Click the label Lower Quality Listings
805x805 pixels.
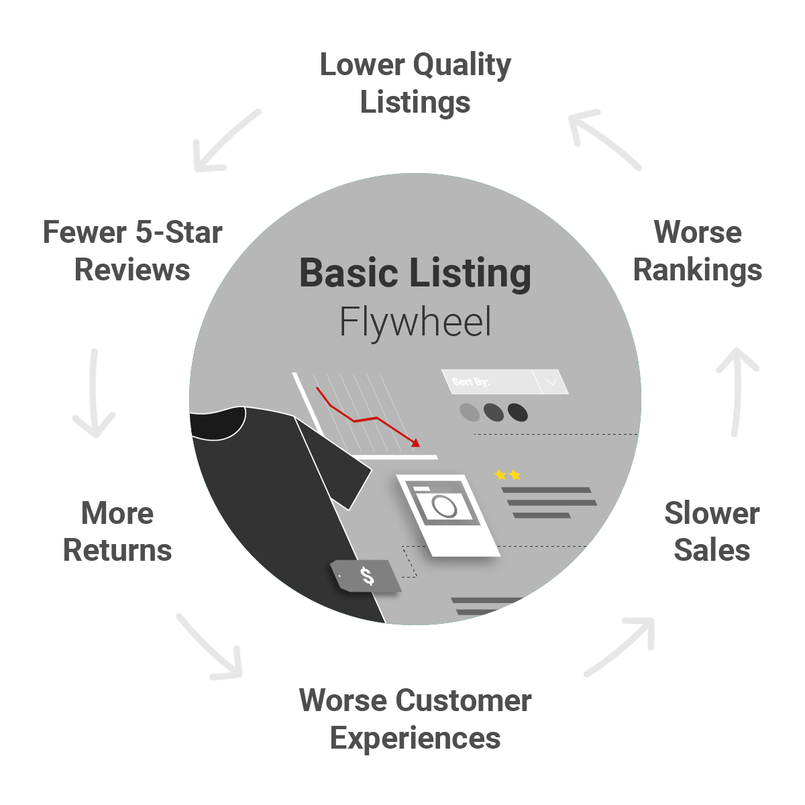tap(415, 84)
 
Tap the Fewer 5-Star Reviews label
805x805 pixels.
tap(133, 251)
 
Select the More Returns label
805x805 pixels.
tap(118, 531)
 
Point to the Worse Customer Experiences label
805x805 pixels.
tap(415, 719)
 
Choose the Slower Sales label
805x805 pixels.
tap(712, 531)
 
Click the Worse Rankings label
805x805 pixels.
tap(698, 251)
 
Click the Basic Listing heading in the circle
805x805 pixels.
tap(415, 273)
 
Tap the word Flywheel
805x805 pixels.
tap(415, 322)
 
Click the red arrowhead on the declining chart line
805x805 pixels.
tap(416, 442)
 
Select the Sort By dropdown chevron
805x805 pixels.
tap(551, 382)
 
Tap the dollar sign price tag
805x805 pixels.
tap(366, 576)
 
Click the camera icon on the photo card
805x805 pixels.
tap(443, 506)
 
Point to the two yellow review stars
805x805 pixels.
tap(508, 475)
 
